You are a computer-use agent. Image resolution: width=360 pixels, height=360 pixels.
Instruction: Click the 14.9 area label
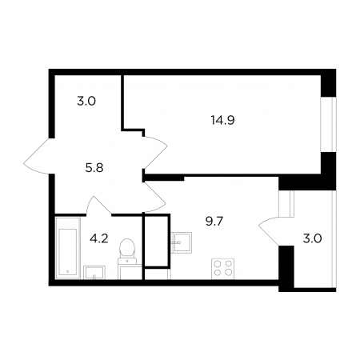point(222,120)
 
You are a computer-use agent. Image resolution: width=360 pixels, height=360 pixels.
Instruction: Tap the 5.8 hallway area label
point(94,168)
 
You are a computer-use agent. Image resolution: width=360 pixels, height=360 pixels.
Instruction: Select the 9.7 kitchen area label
point(214,222)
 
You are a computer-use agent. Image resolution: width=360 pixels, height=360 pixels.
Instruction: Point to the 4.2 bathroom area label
point(99,238)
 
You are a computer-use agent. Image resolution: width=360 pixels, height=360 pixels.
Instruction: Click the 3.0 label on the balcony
point(312,238)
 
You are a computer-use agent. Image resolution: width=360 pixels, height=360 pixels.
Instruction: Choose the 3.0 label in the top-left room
point(86,102)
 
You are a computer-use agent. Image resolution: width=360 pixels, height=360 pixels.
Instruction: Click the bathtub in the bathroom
point(68,248)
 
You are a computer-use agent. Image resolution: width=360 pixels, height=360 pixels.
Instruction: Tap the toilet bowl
point(127,248)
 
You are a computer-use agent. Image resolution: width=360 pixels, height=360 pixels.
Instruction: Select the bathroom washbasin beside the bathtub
point(94,272)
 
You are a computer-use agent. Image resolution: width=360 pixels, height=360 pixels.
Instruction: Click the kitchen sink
point(182,242)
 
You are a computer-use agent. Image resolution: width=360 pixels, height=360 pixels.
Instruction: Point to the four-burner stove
point(222,269)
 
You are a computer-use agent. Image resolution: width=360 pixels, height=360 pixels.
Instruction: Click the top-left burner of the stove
point(218,264)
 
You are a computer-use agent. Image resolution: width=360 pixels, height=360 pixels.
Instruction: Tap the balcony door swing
point(268,230)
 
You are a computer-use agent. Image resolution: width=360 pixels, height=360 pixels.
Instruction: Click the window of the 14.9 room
point(328,125)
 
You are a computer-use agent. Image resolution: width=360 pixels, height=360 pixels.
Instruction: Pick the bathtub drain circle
point(67,271)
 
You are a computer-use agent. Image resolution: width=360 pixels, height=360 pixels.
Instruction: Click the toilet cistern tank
point(127,261)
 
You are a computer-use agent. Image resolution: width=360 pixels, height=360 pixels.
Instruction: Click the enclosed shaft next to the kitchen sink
point(156,241)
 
